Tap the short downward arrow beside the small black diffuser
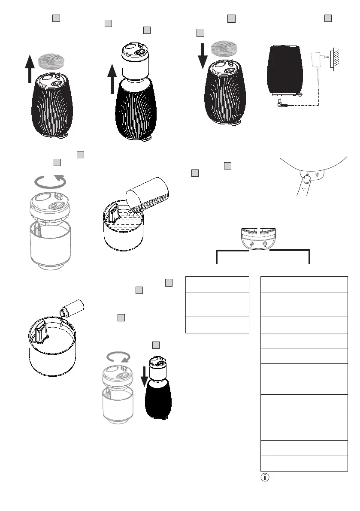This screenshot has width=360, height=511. [x=145, y=373]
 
